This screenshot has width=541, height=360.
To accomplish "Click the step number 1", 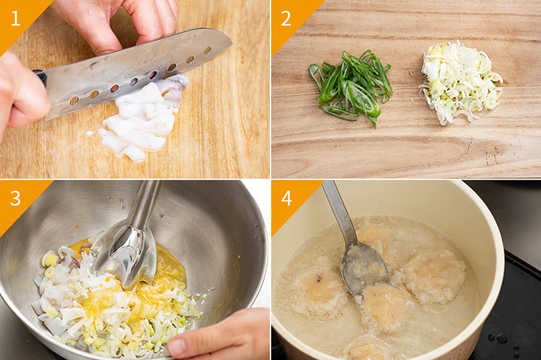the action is (x=16, y=19).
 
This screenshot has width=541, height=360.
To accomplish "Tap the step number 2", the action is (x=286, y=19).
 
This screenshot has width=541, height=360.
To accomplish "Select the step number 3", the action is (x=16, y=198).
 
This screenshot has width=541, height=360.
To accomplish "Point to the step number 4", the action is (x=286, y=198).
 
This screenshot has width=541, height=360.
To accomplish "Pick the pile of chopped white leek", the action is (x=459, y=83).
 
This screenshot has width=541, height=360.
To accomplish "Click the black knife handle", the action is (x=40, y=77).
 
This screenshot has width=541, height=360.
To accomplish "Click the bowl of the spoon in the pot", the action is (x=364, y=268).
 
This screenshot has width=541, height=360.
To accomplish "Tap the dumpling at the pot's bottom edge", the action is (x=367, y=348).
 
